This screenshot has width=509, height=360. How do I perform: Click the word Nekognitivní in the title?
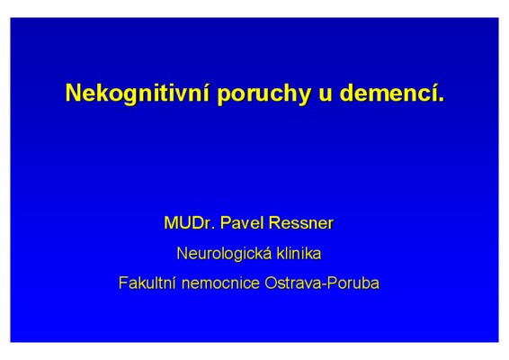[x=138, y=93]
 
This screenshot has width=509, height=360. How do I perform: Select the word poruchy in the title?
[x=264, y=94]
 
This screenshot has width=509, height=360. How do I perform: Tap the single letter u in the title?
[x=326, y=95]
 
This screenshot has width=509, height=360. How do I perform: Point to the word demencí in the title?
[x=388, y=93]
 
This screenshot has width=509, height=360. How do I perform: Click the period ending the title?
[x=441, y=100]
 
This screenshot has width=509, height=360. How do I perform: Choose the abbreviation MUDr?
[x=190, y=223]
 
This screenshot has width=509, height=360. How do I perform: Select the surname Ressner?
[x=301, y=223]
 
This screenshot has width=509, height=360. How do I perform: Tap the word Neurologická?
[x=224, y=254]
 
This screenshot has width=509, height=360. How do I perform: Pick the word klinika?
[x=299, y=253]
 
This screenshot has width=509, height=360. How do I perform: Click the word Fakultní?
[x=147, y=283]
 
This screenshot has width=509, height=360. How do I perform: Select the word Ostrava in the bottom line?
[x=292, y=283]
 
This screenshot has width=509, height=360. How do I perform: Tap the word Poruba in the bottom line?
[x=353, y=283]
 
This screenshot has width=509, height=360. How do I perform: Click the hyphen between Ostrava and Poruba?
[x=324, y=285]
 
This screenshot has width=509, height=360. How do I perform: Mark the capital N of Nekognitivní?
[x=74, y=94]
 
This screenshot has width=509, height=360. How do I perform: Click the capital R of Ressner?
[x=274, y=223]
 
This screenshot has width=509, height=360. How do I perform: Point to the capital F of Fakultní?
[x=123, y=283]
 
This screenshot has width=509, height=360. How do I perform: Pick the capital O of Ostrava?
[x=272, y=283]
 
